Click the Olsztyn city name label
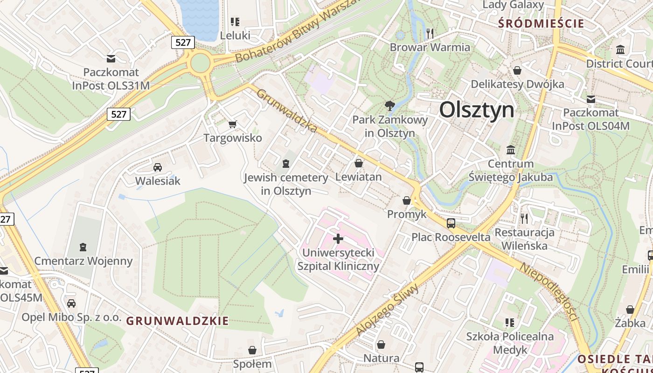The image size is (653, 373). tap(477, 110)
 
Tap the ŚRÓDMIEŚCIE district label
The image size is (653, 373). tap(541, 23)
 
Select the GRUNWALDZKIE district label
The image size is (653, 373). tap(178, 321)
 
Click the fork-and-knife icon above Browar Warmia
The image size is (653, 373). tap(430, 33)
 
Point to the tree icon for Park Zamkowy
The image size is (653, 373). tap(389, 106)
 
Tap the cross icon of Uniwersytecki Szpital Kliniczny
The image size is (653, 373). tap(338, 239)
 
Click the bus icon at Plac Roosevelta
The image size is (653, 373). tap(451, 223)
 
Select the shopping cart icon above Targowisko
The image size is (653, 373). tap(232, 124)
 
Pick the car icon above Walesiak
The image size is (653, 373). tap(158, 167)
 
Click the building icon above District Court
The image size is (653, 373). tap(620, 49)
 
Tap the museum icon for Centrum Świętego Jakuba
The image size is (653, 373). tap(511, 150)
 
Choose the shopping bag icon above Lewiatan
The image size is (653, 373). tap(359, 163)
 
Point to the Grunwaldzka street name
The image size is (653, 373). tap(287, 111)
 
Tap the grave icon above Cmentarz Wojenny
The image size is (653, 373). tap(83, 247)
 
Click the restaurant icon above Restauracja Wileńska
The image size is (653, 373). tap(524, 218)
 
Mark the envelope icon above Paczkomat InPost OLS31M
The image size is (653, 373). tap(111, 59)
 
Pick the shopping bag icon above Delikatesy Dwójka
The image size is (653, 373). tap(517, 70)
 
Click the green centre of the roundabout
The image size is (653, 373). tap(200, 63)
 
